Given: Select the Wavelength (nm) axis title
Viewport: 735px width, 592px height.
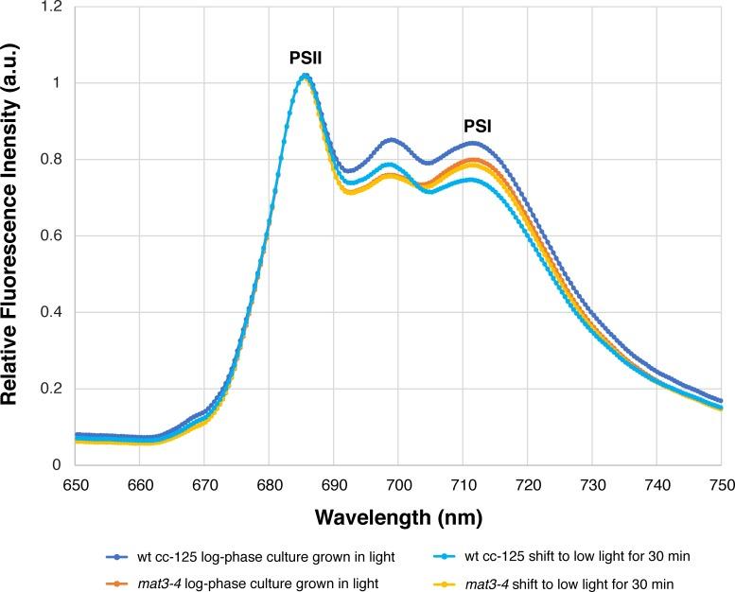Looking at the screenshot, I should pyautogui.click(x=397, y=518).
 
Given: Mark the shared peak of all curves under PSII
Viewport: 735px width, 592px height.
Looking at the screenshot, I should pyautogui.click(x=305, y=76).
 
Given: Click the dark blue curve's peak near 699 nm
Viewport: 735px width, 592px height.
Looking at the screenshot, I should pyautogui.click(x=392, y=140).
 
